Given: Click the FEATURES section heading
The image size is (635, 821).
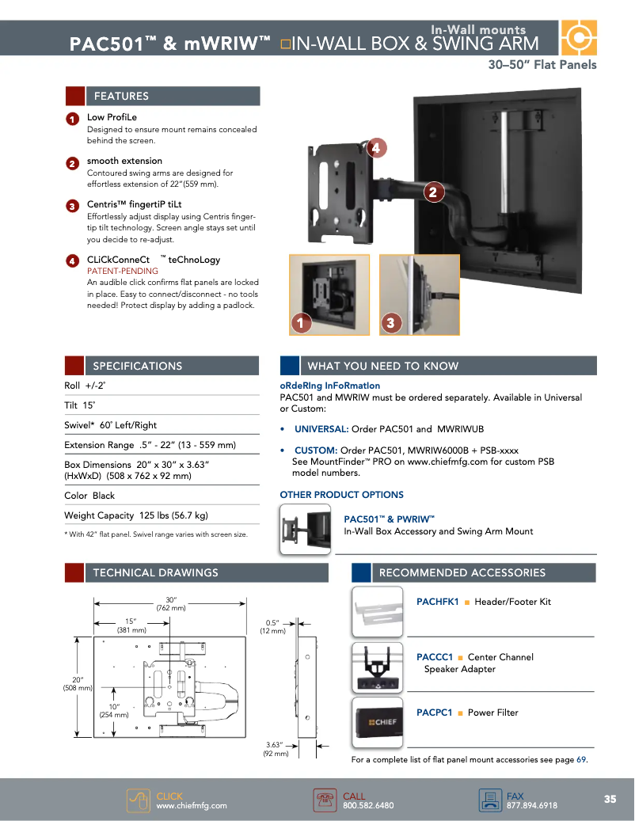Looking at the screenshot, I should click(x=121, y=97).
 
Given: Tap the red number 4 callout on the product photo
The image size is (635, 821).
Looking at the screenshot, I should click(x=375, y=148).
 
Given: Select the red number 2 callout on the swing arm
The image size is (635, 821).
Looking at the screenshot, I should click(x=432, y=192).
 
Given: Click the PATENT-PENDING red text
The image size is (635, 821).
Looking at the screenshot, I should click(x=122, y=271).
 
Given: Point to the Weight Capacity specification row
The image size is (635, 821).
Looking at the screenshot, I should click(x=136, y=515).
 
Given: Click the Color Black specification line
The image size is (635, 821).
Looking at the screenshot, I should click(x=89, y=496).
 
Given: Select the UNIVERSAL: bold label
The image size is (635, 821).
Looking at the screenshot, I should click(x=321, y=429).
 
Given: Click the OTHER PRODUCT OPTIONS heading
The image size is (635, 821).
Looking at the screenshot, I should click(x=341, y=495).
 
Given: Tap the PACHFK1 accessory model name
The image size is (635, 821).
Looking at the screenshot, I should click(x=438, y=602).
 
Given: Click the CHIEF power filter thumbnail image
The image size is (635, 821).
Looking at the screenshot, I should click(x=377, y=722).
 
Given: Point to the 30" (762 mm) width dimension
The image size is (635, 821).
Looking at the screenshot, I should click(x=171, y=603).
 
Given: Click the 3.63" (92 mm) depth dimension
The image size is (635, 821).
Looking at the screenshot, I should click(x=275, y=749).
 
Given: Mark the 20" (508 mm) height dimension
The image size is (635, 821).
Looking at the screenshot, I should click(x=78, y=683).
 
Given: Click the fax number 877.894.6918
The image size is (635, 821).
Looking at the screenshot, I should click(x=531, y=806).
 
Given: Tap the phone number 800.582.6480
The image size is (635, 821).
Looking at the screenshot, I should click(x=368, y=806).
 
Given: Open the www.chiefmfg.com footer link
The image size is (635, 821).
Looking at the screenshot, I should click(x=192, y=806).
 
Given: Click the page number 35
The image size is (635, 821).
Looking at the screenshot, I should click(x=610, y=799).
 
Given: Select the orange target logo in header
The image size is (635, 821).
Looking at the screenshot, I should click(x=579, y=37).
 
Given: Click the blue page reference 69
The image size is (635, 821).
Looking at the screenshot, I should click(x=581, y=760).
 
